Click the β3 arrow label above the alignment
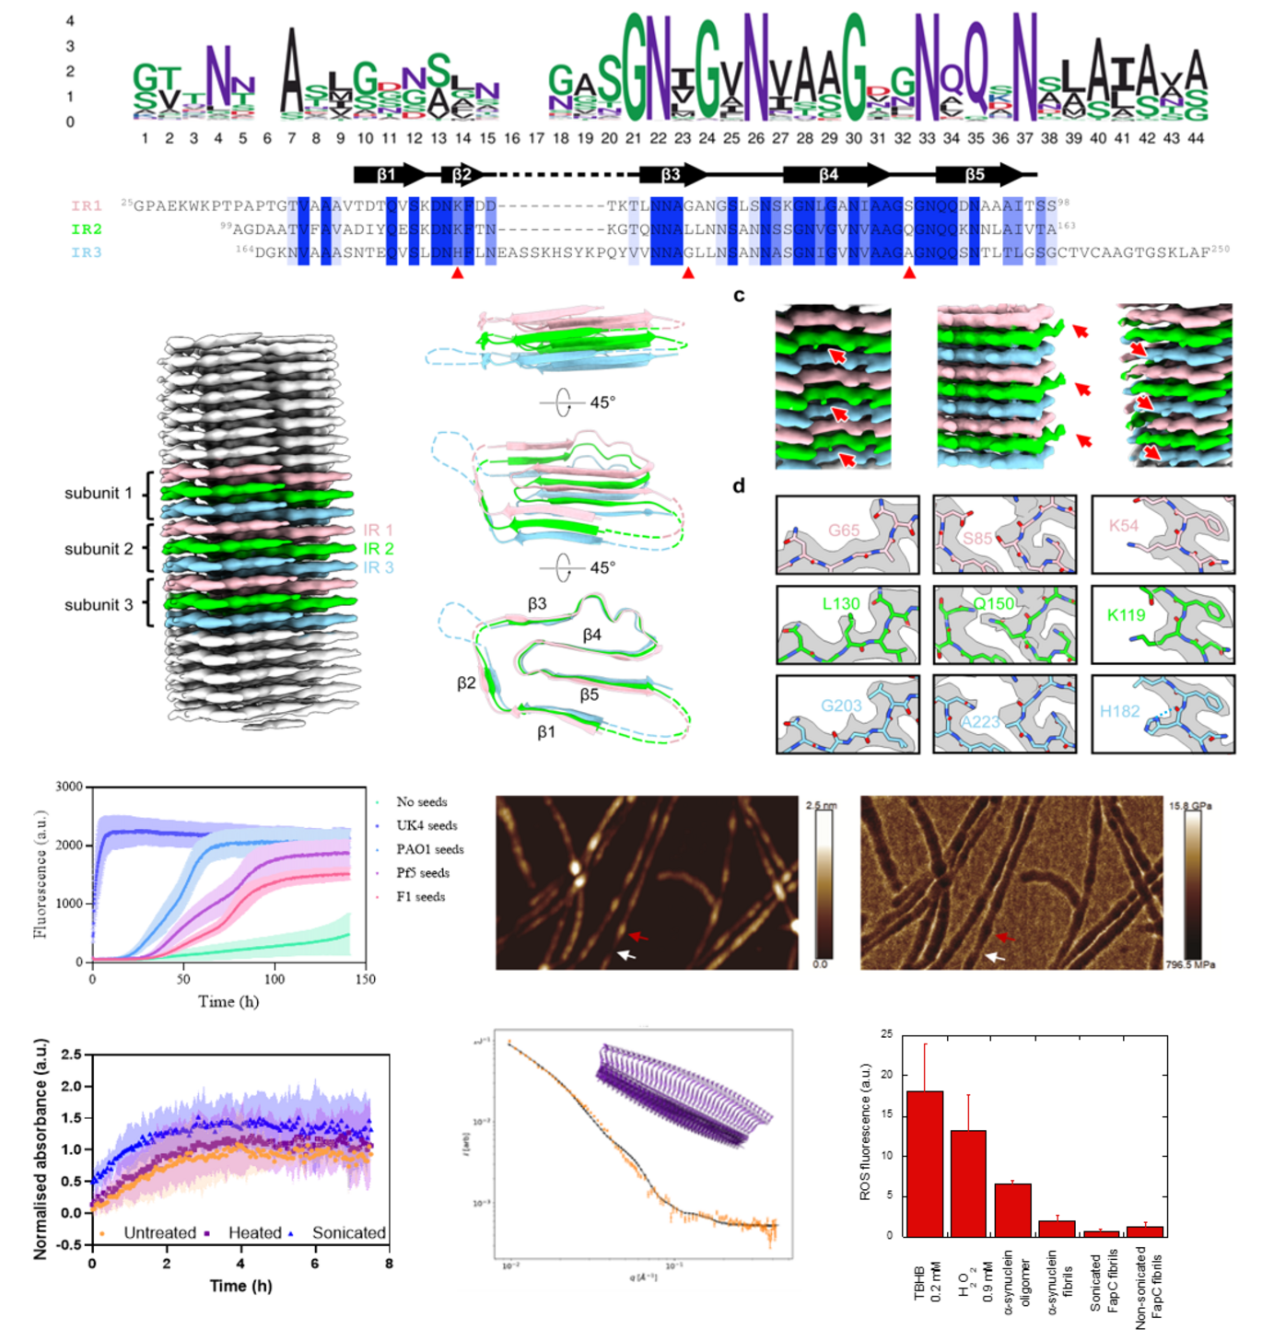(671, 174)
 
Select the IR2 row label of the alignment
(87, 229)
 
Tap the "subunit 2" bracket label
(99, 549)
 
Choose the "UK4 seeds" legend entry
(427, 826)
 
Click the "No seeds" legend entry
(421, 802)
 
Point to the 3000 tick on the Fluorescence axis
(69, 787)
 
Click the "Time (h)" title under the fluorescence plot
(228, 1001)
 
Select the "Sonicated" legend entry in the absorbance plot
(348, 1233)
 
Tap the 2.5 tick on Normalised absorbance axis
(71, 1055)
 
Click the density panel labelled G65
(847, 535)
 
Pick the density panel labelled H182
(1163, 714)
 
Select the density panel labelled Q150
(1004, 624)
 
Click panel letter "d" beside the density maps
(739, 486)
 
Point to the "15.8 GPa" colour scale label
(1190, 806)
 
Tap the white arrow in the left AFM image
(626, 955)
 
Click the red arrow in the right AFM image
(1006, 937)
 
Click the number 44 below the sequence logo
(1196, 138)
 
